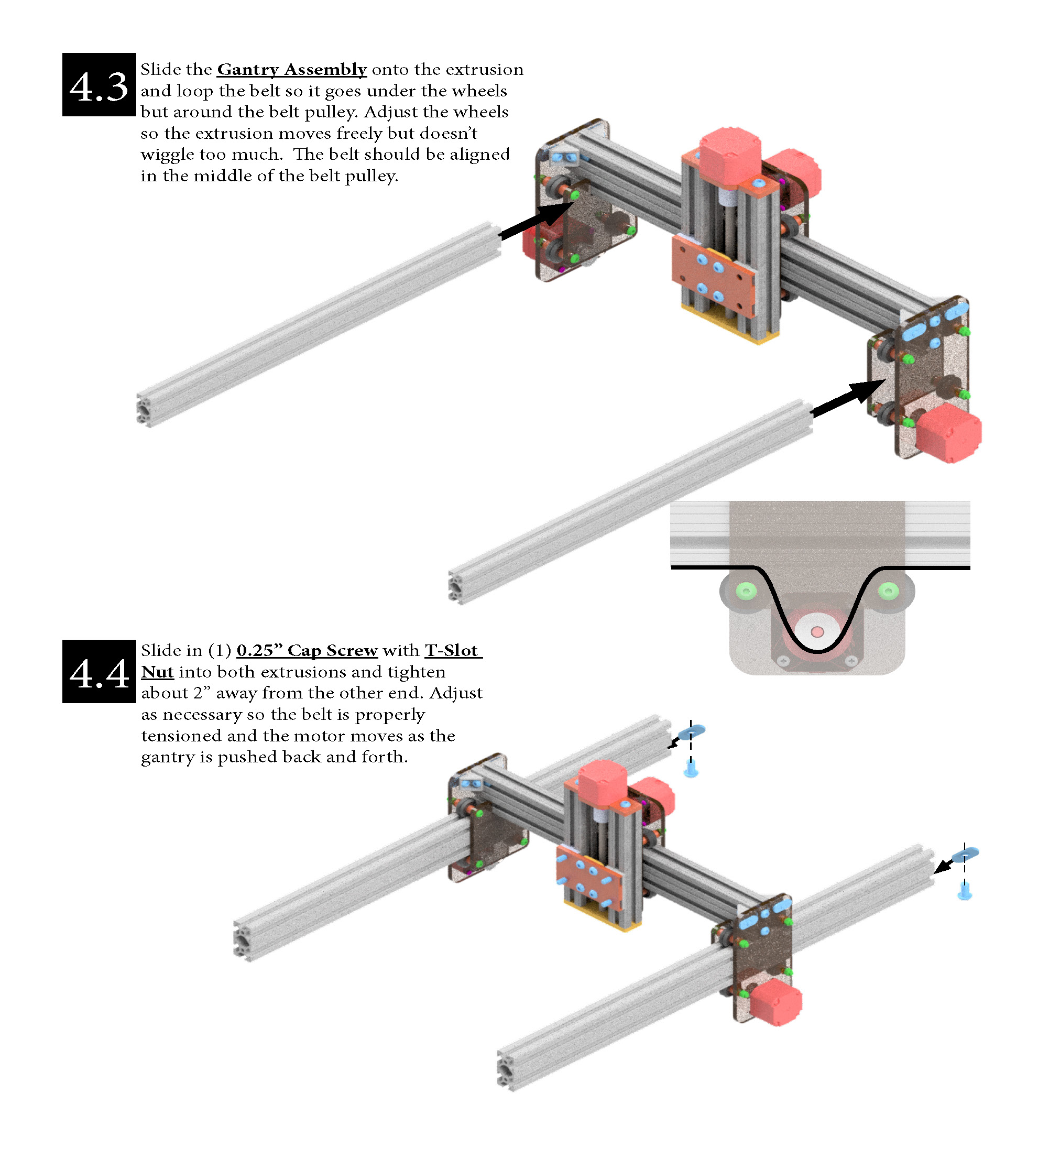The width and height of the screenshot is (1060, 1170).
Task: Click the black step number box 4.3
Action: coord(99,85)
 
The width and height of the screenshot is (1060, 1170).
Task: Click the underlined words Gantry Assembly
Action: coord(291,70)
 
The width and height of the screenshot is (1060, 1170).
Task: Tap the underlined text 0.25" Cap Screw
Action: coord(307,650)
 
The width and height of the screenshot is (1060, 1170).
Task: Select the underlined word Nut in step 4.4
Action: coord(157,672)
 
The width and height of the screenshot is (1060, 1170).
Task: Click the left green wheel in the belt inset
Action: coord(746,592)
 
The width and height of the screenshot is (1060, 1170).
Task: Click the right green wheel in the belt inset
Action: coord(888,592)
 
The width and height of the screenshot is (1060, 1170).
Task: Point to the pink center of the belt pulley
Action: coord(817,631)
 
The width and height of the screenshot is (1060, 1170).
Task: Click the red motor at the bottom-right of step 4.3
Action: coord(947,433)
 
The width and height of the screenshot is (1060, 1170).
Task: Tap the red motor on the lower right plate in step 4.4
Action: coord(775,1003)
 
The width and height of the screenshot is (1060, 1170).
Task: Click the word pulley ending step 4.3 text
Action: coord(371,176)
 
